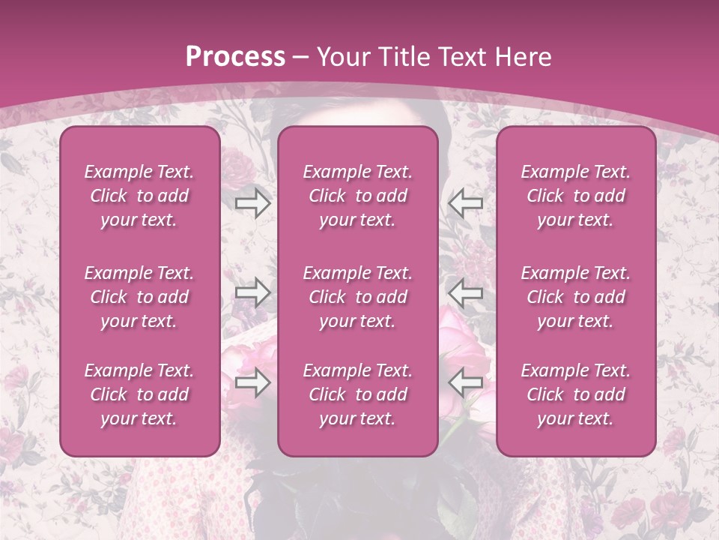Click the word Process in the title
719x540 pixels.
[x=235, y=57]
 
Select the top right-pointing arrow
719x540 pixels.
[x=253, y=203]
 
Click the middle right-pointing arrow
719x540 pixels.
[x=253, y=292]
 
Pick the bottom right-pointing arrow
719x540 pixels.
[x=253, y=382]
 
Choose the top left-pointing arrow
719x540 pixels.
[x=466, y=203]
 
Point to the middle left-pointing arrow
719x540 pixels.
[x=466, y=292]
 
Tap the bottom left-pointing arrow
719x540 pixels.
[x=466, y=382]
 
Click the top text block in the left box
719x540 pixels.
[x=139, y=196]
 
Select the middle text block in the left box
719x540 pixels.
[x=139, y=297]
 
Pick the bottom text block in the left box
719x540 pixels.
[x=139, y=394]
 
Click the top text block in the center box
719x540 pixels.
[x=358, y=196]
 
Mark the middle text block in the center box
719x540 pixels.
[x=358, y=297]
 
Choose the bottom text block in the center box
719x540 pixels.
[x=358, y=394]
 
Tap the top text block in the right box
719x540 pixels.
[x=576, y=196]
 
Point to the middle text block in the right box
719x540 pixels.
[x=576, y=297]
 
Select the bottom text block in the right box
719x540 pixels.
[x=576, y=394]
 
